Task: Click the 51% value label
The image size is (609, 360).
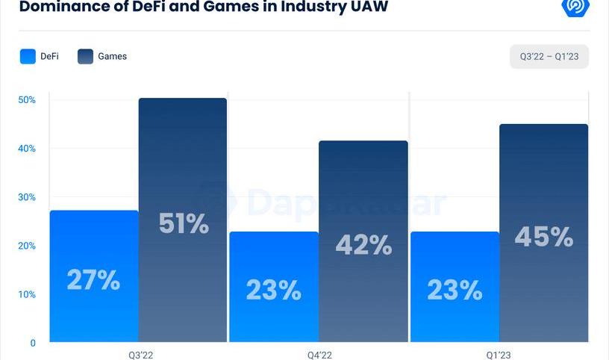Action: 184,223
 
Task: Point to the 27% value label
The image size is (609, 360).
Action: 93,280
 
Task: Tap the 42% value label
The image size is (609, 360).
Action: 363,245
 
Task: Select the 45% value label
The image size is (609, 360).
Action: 544,237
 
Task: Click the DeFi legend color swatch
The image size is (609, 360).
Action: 28,56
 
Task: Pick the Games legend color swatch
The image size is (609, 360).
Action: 85,56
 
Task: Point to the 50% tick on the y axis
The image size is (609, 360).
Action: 27,100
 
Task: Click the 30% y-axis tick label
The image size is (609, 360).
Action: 27,197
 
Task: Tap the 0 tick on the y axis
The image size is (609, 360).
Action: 33,344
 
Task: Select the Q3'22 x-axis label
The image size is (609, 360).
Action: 140,355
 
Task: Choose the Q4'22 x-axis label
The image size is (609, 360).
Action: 319,355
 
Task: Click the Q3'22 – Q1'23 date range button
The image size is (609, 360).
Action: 549,56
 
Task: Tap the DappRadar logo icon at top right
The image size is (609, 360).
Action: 575,7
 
